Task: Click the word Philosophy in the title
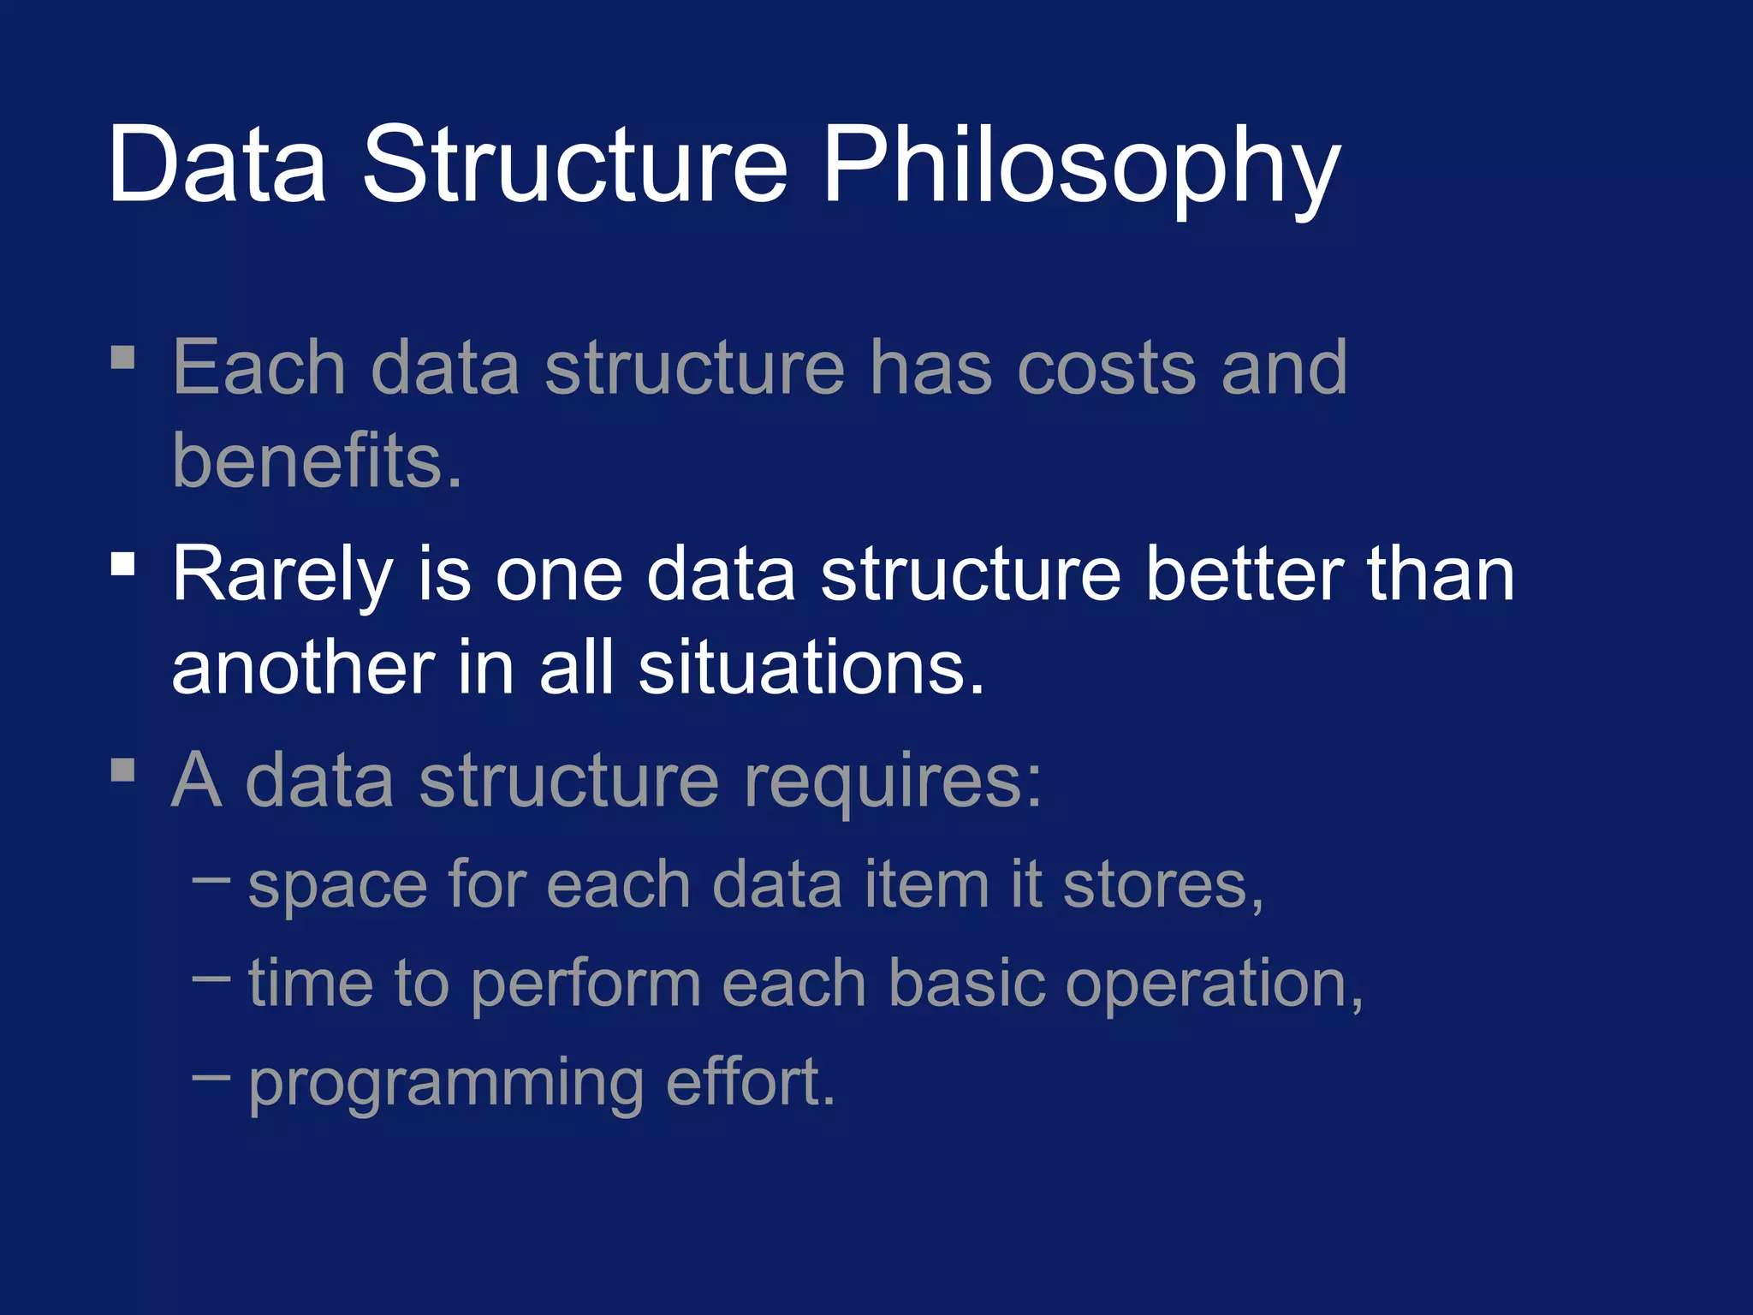point(1080,167)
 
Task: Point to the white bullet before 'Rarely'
point(123,563)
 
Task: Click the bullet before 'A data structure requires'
point(123,769)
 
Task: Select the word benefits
point(317,461)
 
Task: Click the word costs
point(1106,368)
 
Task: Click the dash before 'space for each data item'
point(211,879)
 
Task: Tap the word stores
point(1162,885)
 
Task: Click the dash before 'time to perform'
point(211,978)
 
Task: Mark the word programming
point(445,1084)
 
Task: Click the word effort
point(748,1082)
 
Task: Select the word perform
point(585,985)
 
